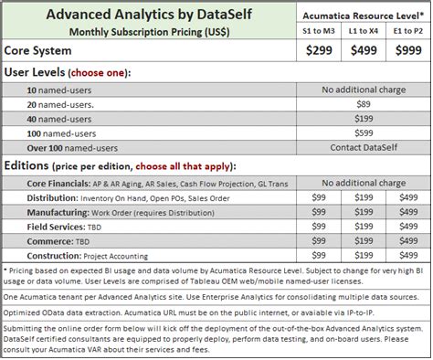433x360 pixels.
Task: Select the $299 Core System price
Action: tap(322, 51)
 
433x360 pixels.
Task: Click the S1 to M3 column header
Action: tap(322, 31)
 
